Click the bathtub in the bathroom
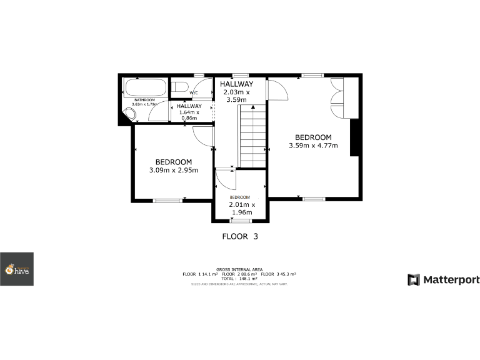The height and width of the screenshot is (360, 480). coord(146,88)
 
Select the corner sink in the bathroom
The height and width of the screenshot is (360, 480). coord(131,114)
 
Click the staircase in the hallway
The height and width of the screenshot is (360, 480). coord(252,136)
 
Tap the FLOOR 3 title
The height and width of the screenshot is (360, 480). coord(240,237)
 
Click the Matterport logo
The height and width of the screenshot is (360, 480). coord(444,279)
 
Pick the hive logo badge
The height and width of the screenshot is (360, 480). coord(17,269)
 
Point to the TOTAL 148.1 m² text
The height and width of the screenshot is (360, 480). coord(240,279)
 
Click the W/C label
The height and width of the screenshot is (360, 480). coord(194,94)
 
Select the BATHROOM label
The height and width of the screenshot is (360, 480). coord(145,100)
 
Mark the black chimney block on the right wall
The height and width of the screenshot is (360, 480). coord(354,137)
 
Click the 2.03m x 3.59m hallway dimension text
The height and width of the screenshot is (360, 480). coord(237,96)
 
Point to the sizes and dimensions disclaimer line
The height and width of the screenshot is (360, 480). coord(240,284)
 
